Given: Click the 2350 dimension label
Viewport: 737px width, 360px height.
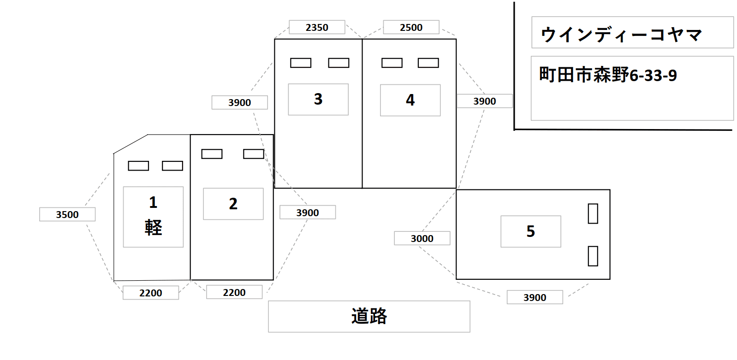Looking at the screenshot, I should pos(317,28).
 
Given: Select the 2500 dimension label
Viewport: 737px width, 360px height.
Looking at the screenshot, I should pos(411,28).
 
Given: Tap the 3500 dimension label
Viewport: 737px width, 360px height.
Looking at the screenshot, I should pos(67,215).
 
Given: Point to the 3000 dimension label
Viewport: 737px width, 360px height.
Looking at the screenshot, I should pos(422,239).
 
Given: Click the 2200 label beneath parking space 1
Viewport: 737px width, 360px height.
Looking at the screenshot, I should pos(151,293).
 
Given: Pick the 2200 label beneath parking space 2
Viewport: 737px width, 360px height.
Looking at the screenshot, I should pos(234,293).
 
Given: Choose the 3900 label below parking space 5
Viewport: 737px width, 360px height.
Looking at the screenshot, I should pos(535,298).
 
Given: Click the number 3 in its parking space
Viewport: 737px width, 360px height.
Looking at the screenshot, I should pos(318,99).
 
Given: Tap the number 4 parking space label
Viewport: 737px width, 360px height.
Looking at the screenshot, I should pos(410,100).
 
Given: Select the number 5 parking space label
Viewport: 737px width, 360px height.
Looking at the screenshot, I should pos(531,231).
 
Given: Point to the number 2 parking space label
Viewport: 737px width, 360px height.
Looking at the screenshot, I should pos(233,204).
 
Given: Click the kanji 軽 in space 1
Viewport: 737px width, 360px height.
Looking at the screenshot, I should pos(154,228).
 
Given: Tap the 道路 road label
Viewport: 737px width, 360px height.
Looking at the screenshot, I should pos(369,317).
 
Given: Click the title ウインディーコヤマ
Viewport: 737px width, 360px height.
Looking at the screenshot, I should pos(621,35).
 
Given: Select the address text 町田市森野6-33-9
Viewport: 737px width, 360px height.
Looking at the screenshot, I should pos(608,75).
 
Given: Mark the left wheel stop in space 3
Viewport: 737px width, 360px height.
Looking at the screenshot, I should pos(301,63).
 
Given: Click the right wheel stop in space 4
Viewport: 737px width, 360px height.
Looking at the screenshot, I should pos(428,63).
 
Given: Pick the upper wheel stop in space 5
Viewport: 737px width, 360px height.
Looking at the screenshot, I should pos(593,214).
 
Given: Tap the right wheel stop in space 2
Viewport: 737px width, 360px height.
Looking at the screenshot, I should pos(254,154).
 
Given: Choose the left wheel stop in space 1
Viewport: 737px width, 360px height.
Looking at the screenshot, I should pos(138,166).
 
